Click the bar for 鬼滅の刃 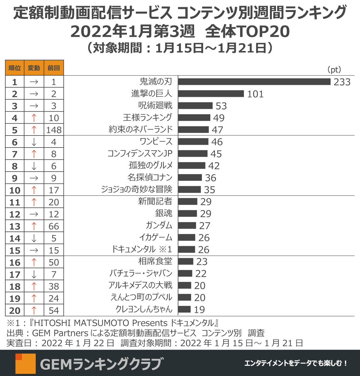point(254,82)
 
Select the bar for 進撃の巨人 point(211,94)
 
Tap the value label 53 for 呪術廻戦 point(221,106)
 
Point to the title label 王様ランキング point(148,117)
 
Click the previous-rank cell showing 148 point(54,130)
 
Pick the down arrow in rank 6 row point(34,142)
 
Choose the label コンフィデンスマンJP point(140,154)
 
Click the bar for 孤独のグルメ point(192,166)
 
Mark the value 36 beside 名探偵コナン point(211,178)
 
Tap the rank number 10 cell point(15,190)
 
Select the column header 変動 point(34,68)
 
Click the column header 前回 point(54,68)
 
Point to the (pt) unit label point(334,70)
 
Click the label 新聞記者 point(155,201)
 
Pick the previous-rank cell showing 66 point(54,226)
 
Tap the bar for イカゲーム point(187,237)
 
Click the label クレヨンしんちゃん point(144,309)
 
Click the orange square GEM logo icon point(25,364)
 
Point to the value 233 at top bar point(342,82)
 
